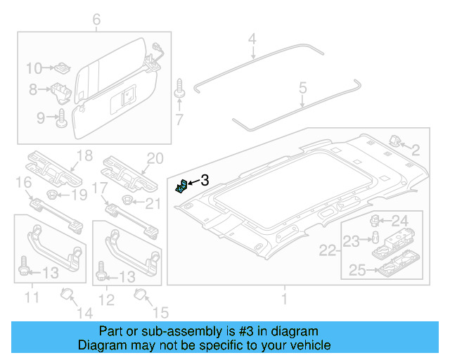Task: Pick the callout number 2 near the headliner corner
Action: click(x=415, y=149)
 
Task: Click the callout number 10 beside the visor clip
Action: click(x=34, y=68)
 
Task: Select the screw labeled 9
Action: click(x=60, y=117)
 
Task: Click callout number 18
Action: click(x=84, y=156)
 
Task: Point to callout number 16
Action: click(x=22, y=185)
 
